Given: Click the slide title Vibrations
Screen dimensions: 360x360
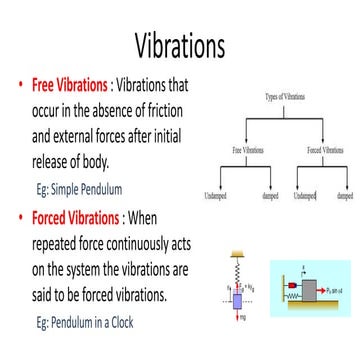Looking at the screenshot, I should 180,44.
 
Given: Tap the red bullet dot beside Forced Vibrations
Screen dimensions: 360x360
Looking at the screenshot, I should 21,218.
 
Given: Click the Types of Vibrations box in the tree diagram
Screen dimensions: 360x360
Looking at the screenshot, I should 285,97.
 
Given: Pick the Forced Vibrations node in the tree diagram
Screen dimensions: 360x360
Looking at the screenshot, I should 325,149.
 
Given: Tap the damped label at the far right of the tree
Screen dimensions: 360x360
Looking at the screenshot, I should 345,196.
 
